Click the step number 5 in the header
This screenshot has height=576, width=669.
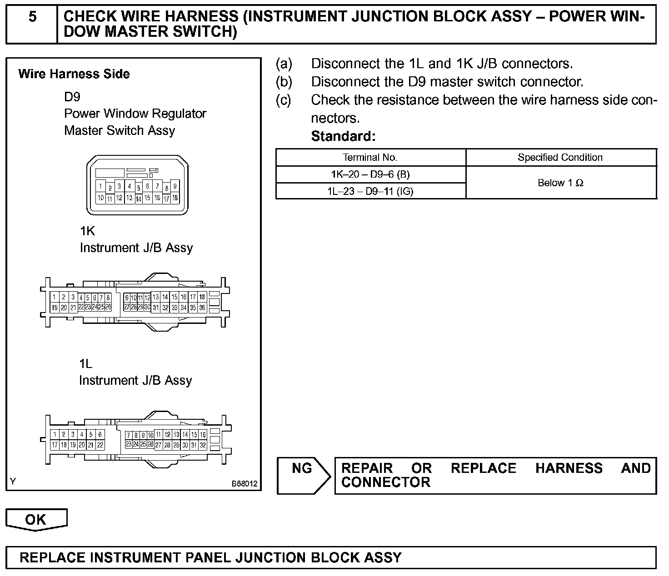(32, 17)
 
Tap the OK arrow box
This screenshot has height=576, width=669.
(36, 519)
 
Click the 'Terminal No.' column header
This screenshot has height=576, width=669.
(370, 158)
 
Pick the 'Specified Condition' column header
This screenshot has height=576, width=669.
(560, 158)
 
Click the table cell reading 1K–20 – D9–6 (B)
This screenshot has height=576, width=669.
(370, 174)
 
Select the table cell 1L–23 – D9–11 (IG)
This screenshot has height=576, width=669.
(370, 191)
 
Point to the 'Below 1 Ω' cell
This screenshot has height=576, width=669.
(560, 183)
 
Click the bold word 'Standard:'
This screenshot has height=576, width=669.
(343, 136)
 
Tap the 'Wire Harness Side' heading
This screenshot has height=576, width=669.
(74, 74)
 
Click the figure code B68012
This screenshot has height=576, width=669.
(245, 484)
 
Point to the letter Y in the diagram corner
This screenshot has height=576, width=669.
(13, 482)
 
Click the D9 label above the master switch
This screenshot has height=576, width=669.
(72, 97)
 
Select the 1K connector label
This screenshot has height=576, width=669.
(87, 231)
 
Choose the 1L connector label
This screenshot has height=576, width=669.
(85, 364)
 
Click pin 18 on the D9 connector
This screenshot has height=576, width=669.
(175, 198)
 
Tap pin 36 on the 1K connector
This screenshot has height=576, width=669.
(202, 308)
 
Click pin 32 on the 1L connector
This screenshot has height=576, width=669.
(203, 445)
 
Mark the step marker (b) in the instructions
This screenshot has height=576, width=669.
(284, 82)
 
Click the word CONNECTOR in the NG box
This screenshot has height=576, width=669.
(385, 482)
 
